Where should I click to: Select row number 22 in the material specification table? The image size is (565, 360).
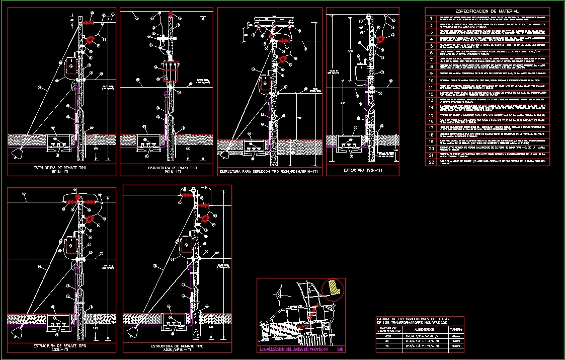tap(431, 162)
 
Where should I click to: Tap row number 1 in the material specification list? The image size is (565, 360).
tap(431, 18)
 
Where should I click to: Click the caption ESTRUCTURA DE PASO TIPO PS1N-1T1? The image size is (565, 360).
tap(169, 169)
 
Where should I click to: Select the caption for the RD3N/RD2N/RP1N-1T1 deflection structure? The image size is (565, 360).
tap(268, 172)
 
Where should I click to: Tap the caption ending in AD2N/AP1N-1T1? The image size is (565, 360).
tap(177, 348)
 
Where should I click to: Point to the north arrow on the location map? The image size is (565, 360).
tap(278, 292)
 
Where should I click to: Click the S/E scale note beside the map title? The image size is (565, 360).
tap(340, 349)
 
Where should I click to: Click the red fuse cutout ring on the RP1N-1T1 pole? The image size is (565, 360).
tap(91, 40)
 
